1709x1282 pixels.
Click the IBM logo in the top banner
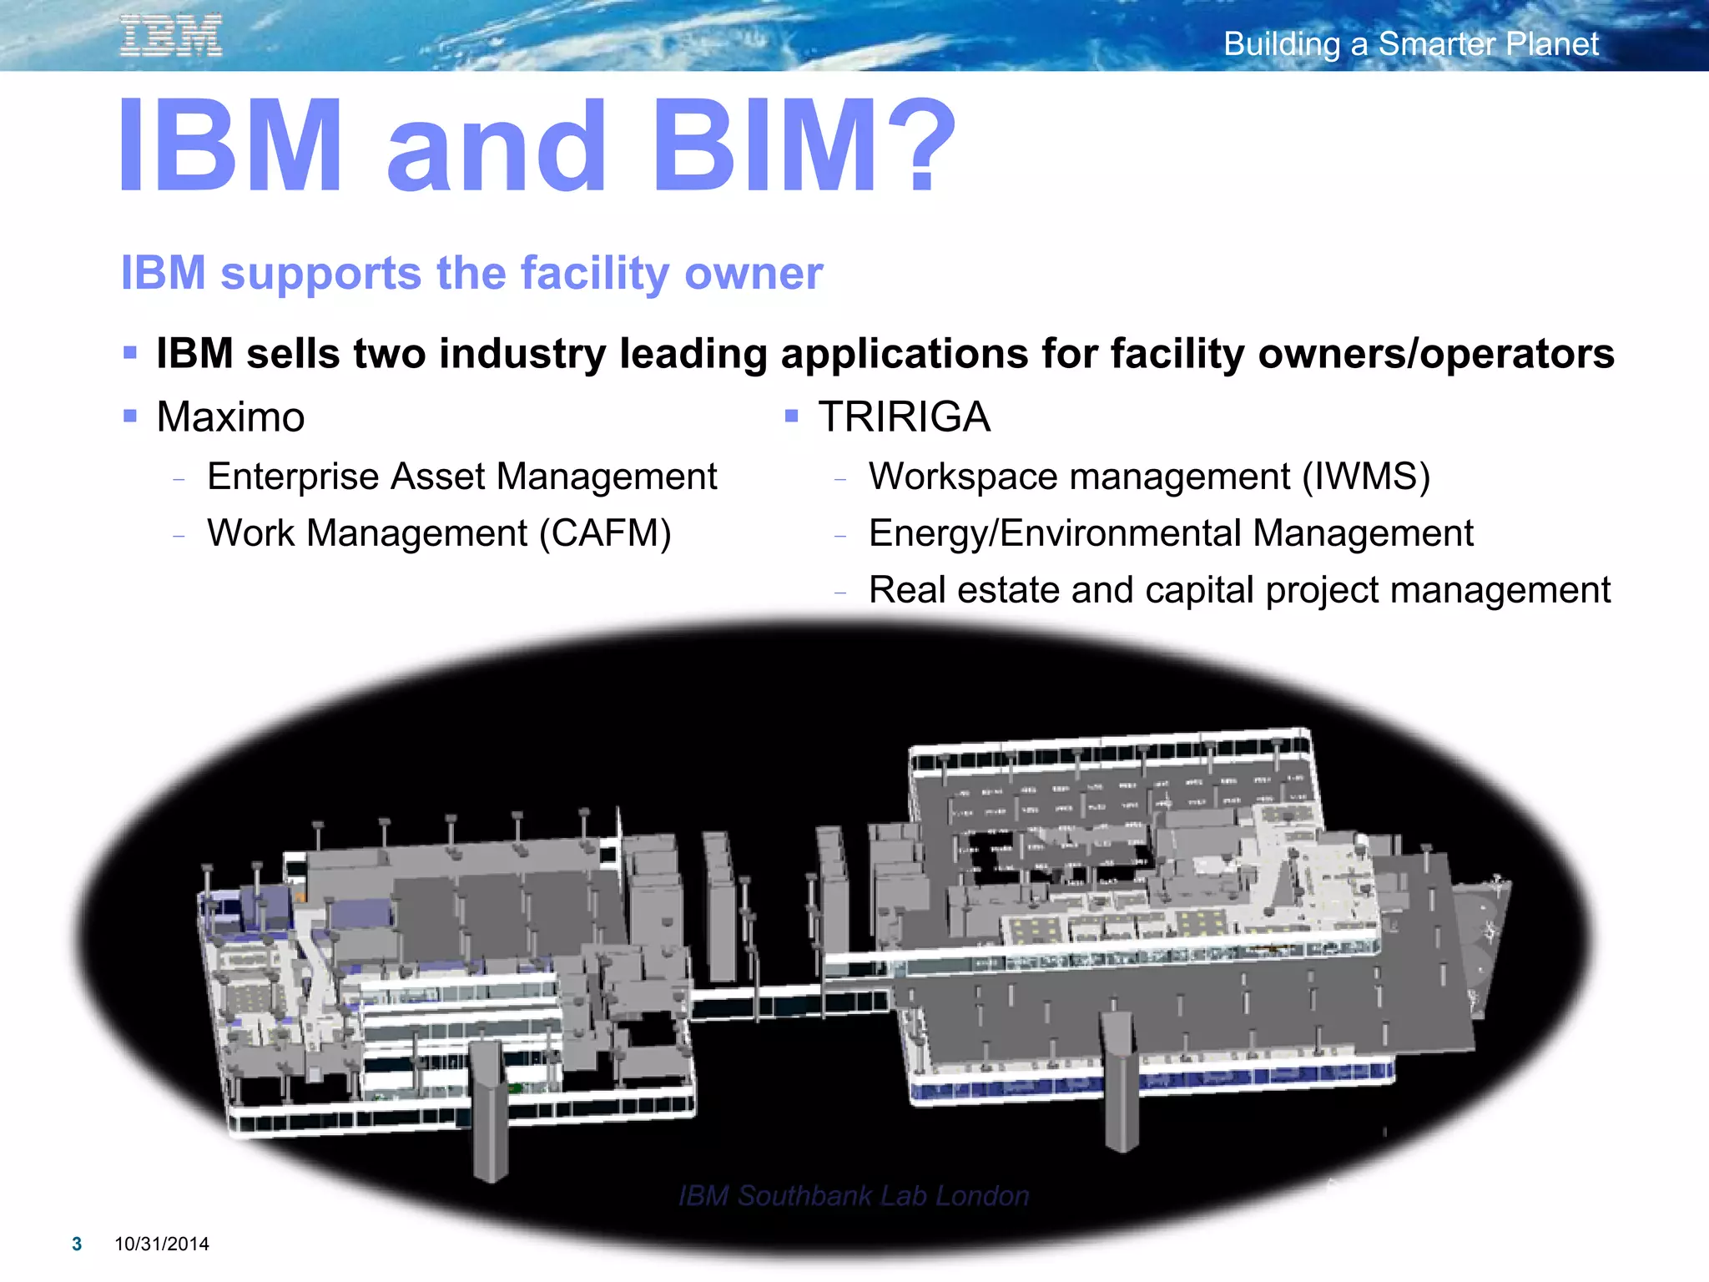click(171, 36)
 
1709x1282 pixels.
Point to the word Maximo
click(230, 416)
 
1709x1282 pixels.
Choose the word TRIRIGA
click(904, 416)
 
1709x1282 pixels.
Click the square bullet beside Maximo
click(129, 415)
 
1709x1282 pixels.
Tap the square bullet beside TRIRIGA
click(791, 415)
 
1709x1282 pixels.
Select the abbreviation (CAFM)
click(605, 533)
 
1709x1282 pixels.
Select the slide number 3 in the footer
click(77, 1244)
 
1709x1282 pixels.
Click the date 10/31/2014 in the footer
click(162, 1244)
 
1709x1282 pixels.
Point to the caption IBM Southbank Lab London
click(854, 1195)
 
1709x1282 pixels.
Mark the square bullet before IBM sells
click(129, 352)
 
